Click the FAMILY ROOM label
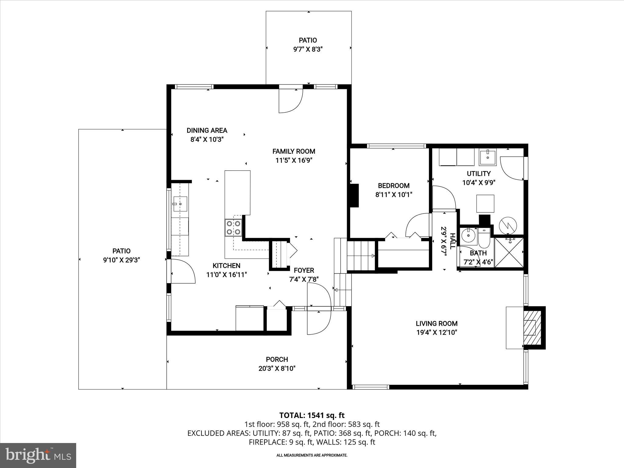[293, 151]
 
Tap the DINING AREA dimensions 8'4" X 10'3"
[207, 140]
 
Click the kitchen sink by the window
[180, 204]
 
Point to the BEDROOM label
[394, 186]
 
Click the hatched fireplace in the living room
[530, 327]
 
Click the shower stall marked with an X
[509, 252]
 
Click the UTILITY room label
[479, 174]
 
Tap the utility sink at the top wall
[487, 157]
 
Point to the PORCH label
[277, 360]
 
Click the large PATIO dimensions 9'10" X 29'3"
[122, 260]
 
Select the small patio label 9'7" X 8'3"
[308, 49]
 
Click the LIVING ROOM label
[437, 324]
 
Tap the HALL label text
[452, 241]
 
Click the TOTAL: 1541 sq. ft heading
[312, 415]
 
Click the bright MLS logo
[38, 455]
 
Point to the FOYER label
[304, 270]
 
